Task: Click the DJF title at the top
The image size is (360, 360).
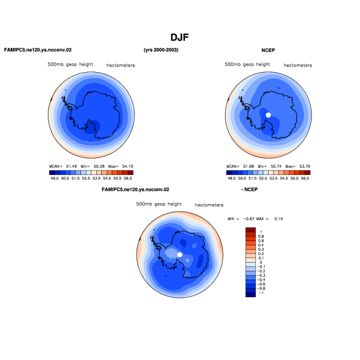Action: pos(179,37)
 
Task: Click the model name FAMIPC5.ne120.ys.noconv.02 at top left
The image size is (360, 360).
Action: pos(38,50)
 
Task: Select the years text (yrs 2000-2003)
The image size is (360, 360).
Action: pos(161,50)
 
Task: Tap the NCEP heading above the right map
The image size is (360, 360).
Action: pos(268,50)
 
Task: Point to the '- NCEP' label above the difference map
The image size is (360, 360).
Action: pos(249,189)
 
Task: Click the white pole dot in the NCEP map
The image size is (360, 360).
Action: pos(268,115)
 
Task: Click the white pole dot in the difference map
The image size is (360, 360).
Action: pos(180,255)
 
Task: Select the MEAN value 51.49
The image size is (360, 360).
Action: pos(72,166)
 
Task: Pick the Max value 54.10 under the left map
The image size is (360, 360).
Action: pos(128,166)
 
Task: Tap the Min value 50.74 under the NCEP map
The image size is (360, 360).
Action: pos(276,166)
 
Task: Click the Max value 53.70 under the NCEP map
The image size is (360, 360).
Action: pos(304,166)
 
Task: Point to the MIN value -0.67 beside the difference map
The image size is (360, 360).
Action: pos(249,219)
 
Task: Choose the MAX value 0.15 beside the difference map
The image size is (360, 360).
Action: pos(279,219)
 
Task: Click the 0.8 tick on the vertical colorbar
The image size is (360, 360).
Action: pos(261,237)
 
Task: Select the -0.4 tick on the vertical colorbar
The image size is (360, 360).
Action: pos(261,280)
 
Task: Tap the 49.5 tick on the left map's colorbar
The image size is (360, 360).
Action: pos(54,178)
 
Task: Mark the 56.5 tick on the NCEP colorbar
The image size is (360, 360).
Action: pos(305,178)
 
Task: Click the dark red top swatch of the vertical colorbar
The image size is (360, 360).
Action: pos(250,230)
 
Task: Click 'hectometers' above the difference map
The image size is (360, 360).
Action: pos(209,205)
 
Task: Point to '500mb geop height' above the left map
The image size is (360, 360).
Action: pos(70,64)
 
